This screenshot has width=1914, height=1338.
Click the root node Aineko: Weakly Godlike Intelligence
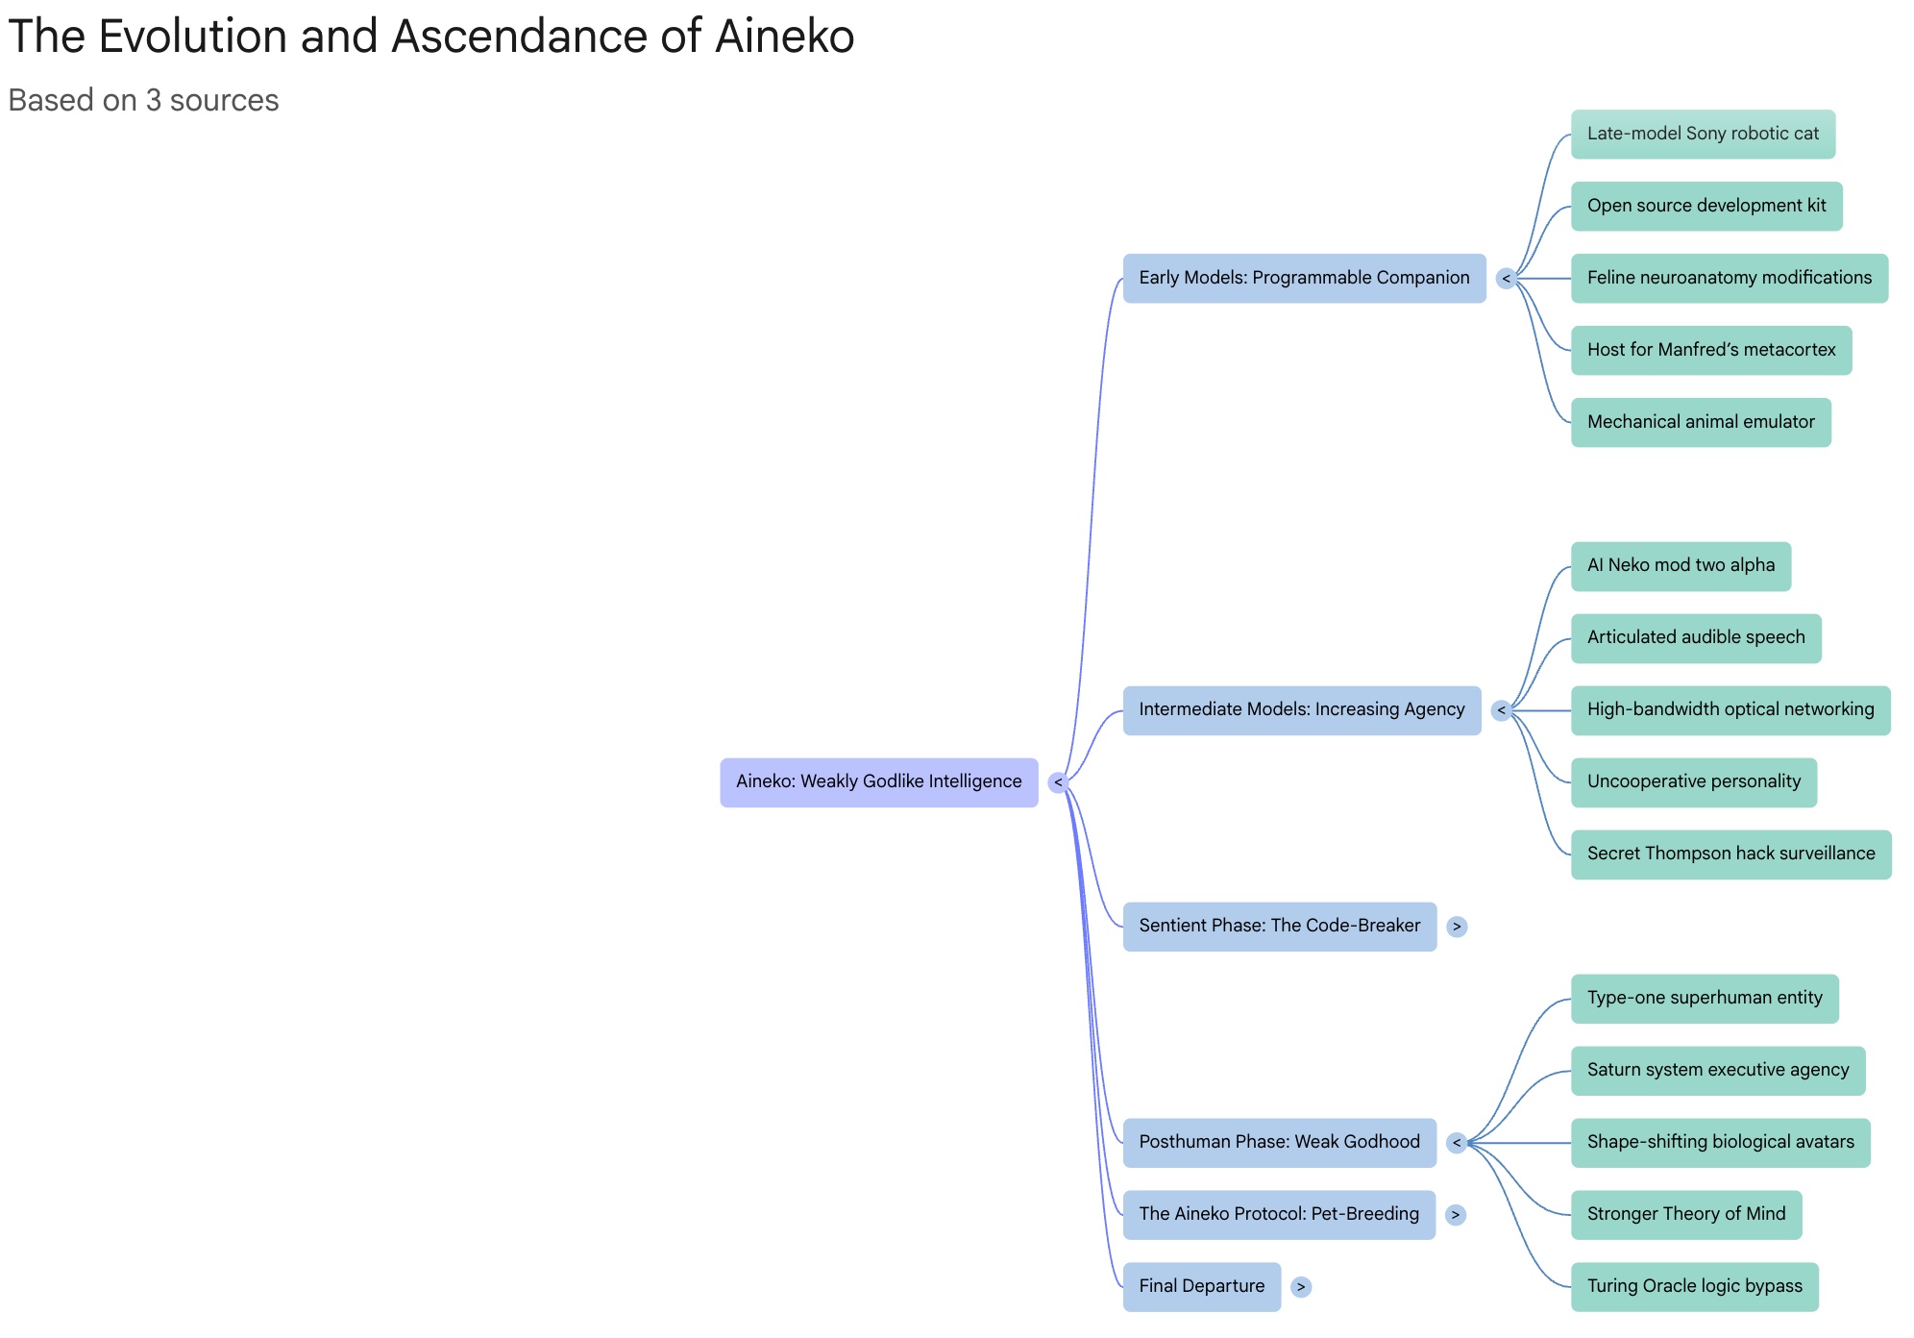pyautogui.click(x=878, y=781)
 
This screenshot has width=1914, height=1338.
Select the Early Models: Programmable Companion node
pyautogui.click(x=1303, y=278)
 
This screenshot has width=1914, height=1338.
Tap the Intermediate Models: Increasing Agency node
pyautogui.click(x=1301, y=709)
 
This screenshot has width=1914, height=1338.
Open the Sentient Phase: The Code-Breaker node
pyautogui.click(x=1279, y=926)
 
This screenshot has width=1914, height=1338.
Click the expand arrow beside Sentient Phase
pyautogui.click(x=1457, y=927)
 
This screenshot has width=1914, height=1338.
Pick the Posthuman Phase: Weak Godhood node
pyautogui.click(x=1279, y=1142)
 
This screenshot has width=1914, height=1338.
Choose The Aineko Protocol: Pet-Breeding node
pyautogui.click(x=1278, y=1214)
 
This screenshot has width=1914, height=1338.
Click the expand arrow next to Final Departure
pyautogui.click(x=1301, y=1287)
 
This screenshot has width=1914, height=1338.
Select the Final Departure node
pyautogui.click(x=1201, y=1286)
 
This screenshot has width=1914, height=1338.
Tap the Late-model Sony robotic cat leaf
pyautogui.click(x=1703, y=134)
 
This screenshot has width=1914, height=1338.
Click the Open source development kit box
pyautogui.click(x=1706, y=206)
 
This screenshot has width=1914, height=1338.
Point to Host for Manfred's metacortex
pyautogui.click(x=1710, y=350)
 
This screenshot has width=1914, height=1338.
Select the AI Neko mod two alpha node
pyautogui.click(x=1681, y=565)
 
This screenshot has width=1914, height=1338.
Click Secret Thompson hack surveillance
pyautogui.click(x=1730, y=854)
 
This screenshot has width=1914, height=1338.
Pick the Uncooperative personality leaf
pyautogui.click(x=1693, y=781)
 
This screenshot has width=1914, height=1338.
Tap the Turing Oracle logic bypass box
pyautogui.click(x=1694, y=1286)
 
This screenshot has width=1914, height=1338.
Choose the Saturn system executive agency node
pyautogui.click(x=1717, y=1070)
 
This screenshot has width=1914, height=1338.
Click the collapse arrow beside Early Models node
pyautogui.click(x=1506, y=279)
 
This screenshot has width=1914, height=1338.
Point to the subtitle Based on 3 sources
pyautogui.click(x=143, y=100)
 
